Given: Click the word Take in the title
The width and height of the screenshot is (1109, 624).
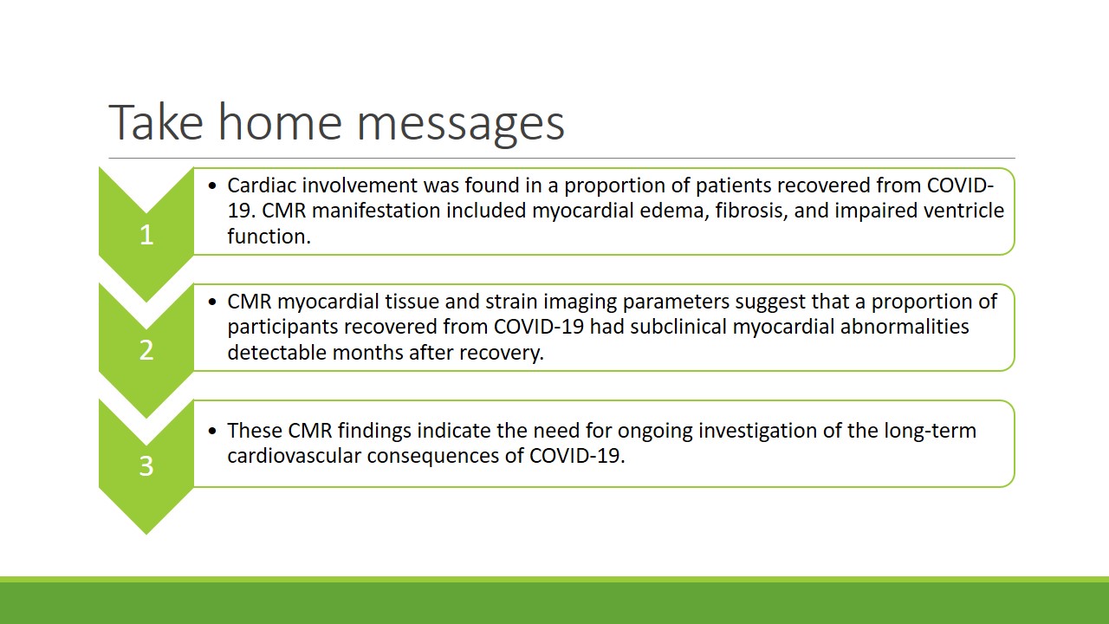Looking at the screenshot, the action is coord(156,121).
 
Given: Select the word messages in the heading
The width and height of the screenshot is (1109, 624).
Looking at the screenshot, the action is coord(460,126).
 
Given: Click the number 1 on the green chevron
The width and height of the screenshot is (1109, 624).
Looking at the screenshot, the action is coord(146,234).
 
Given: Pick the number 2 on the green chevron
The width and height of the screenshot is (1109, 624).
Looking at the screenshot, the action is coord(146,350).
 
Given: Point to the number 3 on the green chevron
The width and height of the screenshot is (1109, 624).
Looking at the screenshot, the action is coord(146,466).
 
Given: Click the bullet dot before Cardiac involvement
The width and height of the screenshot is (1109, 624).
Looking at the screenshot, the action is coord(213,185).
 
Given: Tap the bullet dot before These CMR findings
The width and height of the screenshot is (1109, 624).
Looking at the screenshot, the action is coord(213,431).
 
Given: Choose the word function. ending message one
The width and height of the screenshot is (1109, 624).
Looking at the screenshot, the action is coord(269,236).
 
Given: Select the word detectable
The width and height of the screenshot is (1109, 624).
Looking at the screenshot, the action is coord(276,352).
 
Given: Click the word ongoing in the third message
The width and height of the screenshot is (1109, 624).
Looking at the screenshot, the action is coord(654,432).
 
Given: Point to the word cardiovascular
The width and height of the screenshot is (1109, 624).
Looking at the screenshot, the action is coord(294,456).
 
